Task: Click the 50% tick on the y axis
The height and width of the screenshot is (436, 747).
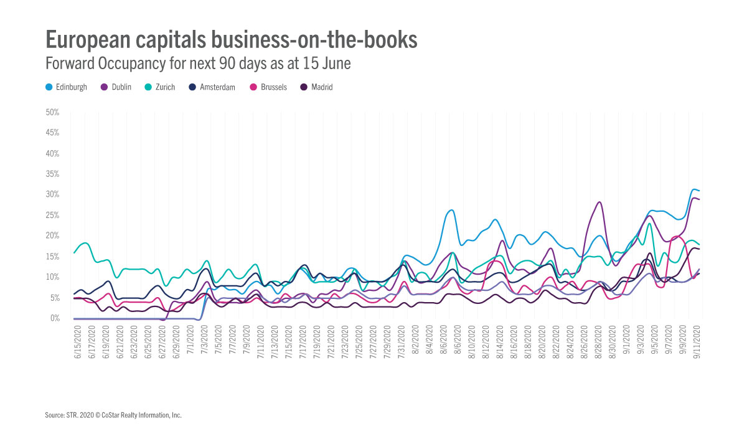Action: [x=52, y=113]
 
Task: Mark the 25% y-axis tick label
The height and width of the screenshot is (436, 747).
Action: [x=52, y=216]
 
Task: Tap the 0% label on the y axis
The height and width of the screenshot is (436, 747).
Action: [x=54, y=318]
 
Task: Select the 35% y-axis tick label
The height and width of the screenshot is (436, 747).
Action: [x=52, y=174]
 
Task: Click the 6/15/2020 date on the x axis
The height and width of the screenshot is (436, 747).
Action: [x=77, y=339]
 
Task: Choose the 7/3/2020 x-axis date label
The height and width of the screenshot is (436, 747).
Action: [x=205, y=339]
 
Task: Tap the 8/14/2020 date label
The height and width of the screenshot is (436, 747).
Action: [x=502, y=339]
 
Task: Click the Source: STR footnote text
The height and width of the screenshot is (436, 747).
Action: [x=113, y=415]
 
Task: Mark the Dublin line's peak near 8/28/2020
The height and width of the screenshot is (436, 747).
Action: [x=599, y=202]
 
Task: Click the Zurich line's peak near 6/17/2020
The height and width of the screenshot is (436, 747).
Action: [x=86, y=243]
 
